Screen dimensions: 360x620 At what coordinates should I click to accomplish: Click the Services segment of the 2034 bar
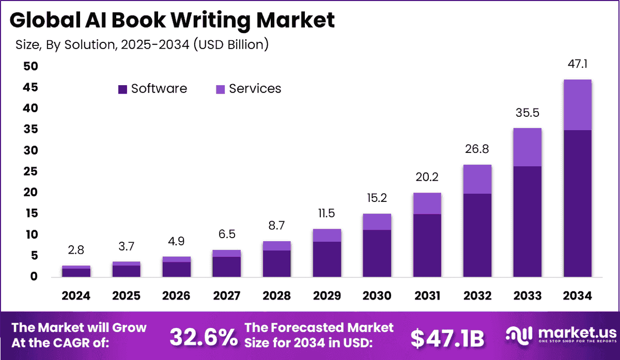(x=577, y=105)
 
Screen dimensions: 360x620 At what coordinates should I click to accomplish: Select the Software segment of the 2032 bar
(x=477, y=235)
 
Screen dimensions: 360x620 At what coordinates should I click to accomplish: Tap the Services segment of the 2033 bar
(x=527, y=147)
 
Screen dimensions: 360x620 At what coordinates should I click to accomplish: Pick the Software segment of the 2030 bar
(x=377, y=253)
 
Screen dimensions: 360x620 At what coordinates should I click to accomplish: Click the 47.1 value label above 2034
(x=578, y=65)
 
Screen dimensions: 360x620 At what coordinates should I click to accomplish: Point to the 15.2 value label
(x=377, y=198)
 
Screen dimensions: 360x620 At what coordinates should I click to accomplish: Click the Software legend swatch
(x=122, y=89)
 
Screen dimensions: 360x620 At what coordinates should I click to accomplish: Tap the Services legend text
(x=255, y=89)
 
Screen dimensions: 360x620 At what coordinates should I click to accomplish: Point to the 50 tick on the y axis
(x=30, y=66)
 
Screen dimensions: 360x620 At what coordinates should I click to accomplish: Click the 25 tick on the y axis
(x=30, y=171)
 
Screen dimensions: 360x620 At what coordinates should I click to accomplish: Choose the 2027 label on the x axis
(x=226, y=296)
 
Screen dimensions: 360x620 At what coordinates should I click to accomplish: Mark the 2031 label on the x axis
(x=427, y=296)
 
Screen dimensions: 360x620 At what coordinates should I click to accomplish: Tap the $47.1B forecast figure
(x=447, y=338)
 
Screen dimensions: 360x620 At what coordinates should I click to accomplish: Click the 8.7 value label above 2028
(x=276, y=226)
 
